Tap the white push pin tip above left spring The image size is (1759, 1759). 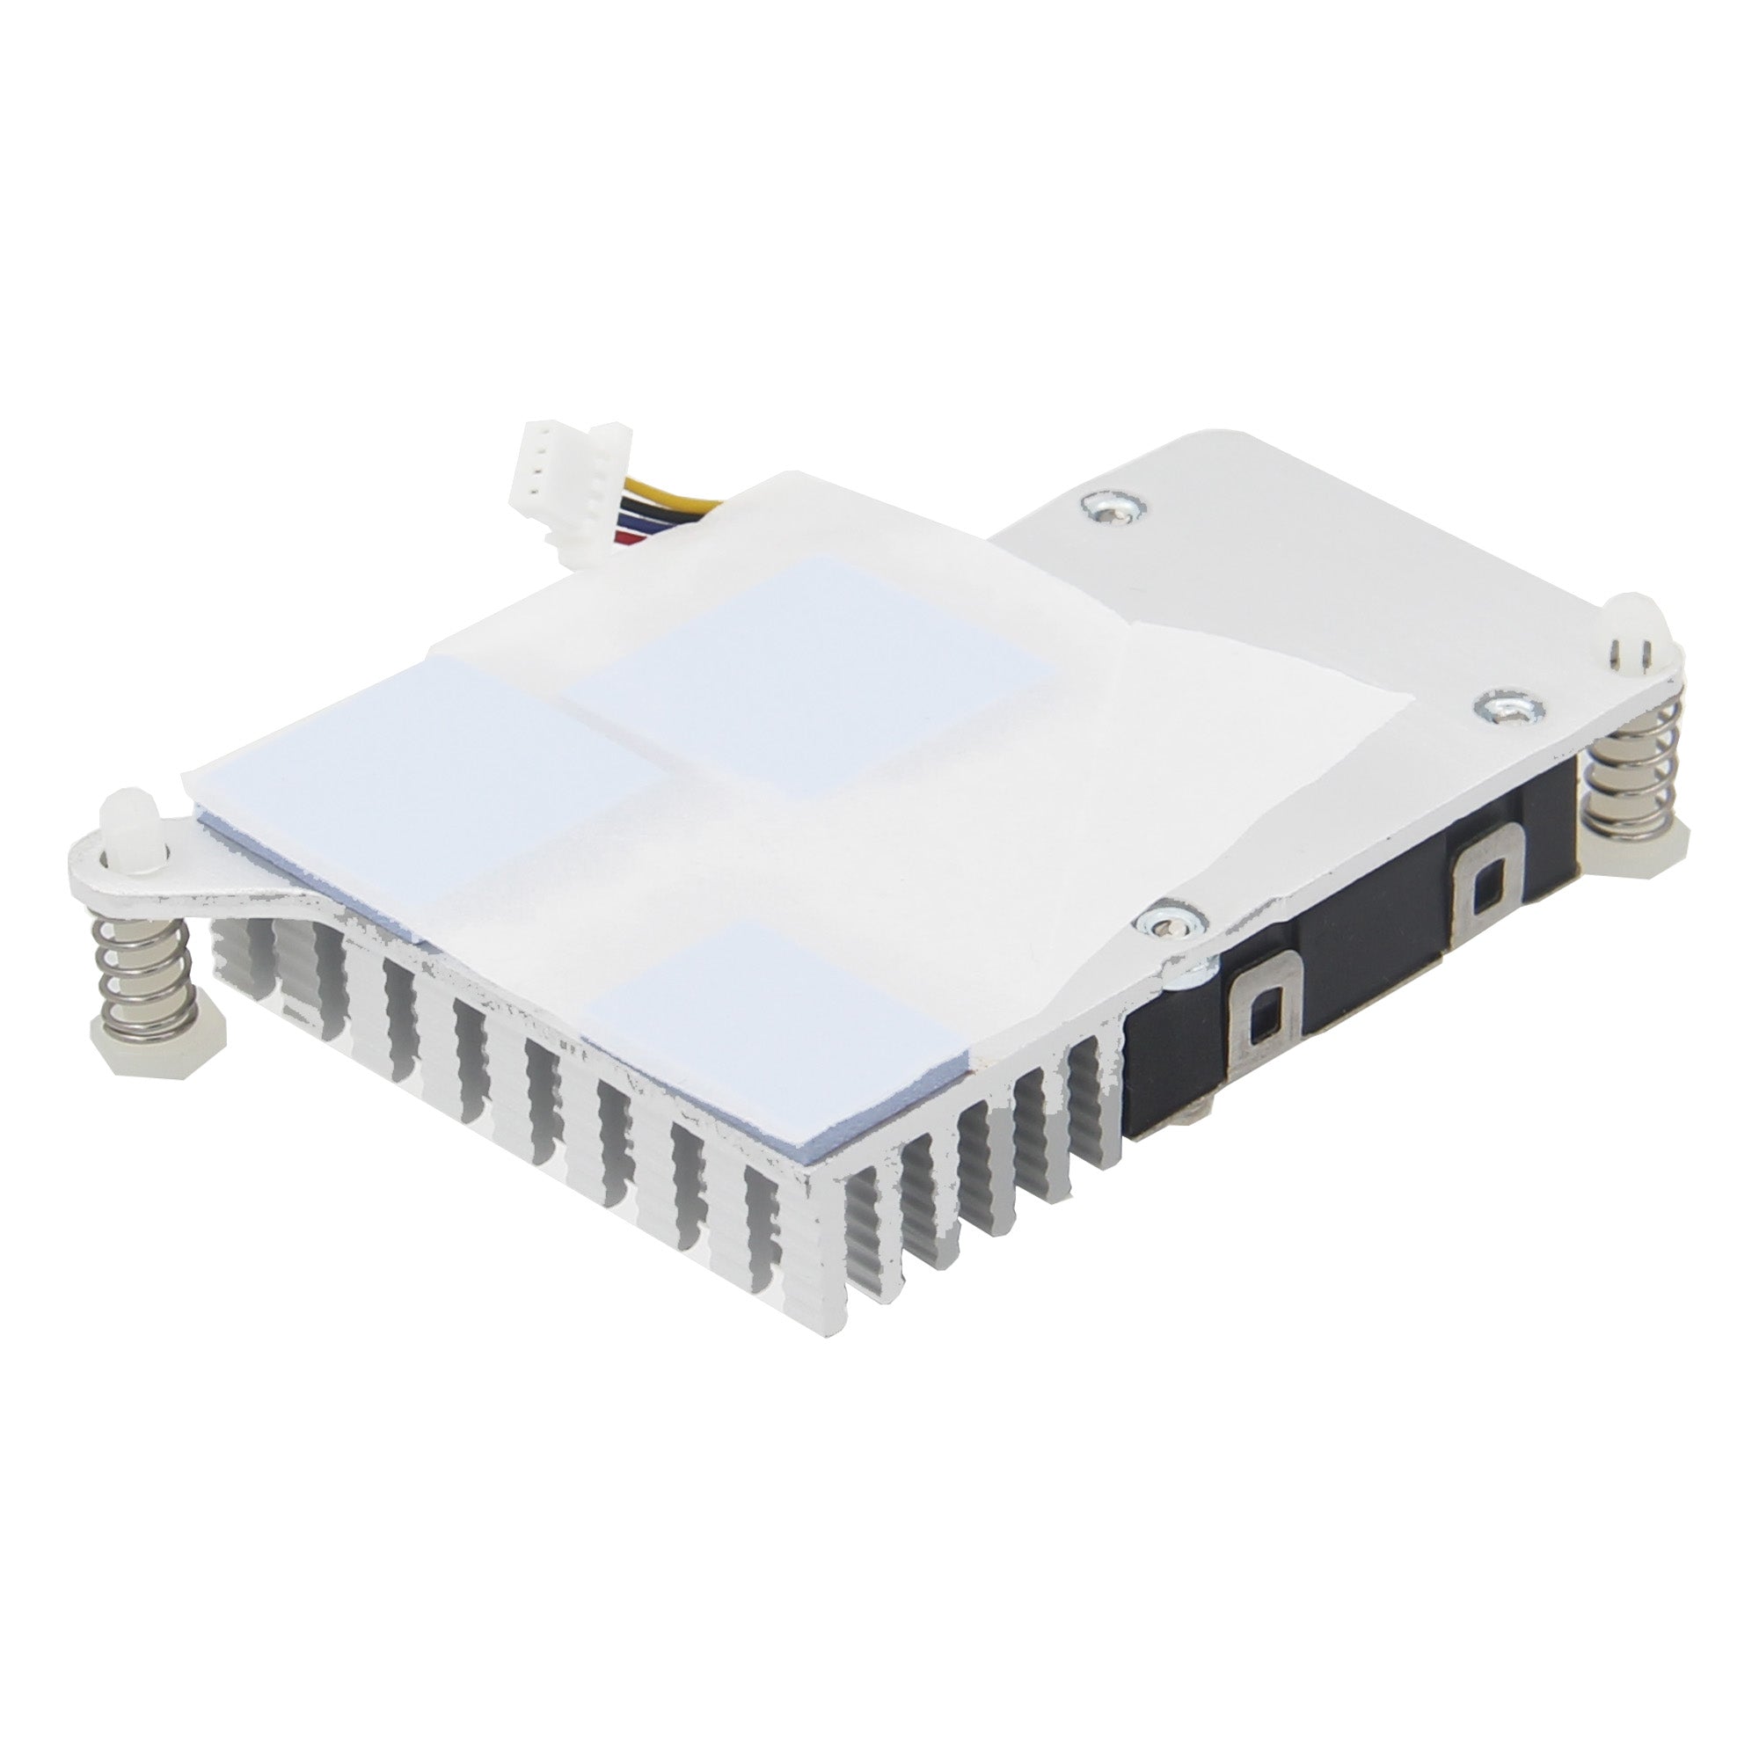[x=127, y=821]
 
